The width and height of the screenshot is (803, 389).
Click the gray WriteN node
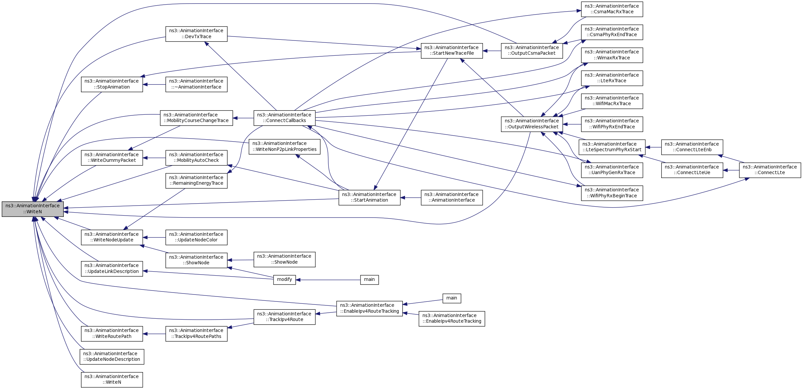pyautogui.click(x=33, y=209)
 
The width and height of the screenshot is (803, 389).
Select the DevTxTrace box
pyautogui.click(x=196, y=34)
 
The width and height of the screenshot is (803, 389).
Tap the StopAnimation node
pyautogui.click(x=112, y=84)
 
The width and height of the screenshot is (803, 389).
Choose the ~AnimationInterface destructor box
pyautogui.click(x=196, y=84)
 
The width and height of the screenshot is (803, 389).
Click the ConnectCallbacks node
pyautogui.click(x=284, y=118)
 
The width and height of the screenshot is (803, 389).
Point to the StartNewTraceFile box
pyautogui.click(x=451, y=51)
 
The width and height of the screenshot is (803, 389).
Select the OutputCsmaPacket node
pyautogui.click(x=531, y=51)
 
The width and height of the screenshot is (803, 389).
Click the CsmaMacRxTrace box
pyautogui.click(x=612, y=9)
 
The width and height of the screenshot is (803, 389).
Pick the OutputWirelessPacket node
pyautogui.click(x=531, y=124)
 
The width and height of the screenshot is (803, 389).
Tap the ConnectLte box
pyautogui.click(x=769, y=170)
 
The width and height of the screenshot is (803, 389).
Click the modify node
pyautogui.click(x=284, y=280)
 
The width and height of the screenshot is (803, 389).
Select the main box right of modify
pyautogui.click(x=369, y=280)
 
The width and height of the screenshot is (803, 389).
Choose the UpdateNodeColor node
pyautogui.click(x=196, y=237)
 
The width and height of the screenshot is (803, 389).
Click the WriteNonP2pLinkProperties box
pyautogui.click(x=284, y=147)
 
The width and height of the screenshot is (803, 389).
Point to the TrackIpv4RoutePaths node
pyautogui.click(x=196, y=334)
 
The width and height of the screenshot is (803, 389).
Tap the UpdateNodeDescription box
pyautogui.click(x=112, y=357)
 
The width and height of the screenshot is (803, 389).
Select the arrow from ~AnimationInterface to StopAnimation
pyautogui.click(x=154, y=85)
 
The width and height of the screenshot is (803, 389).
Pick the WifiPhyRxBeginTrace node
pyautogui.click(x=612, y=193)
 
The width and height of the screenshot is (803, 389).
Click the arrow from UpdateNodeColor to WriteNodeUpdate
pyautogui.click(x=154, y=237)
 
